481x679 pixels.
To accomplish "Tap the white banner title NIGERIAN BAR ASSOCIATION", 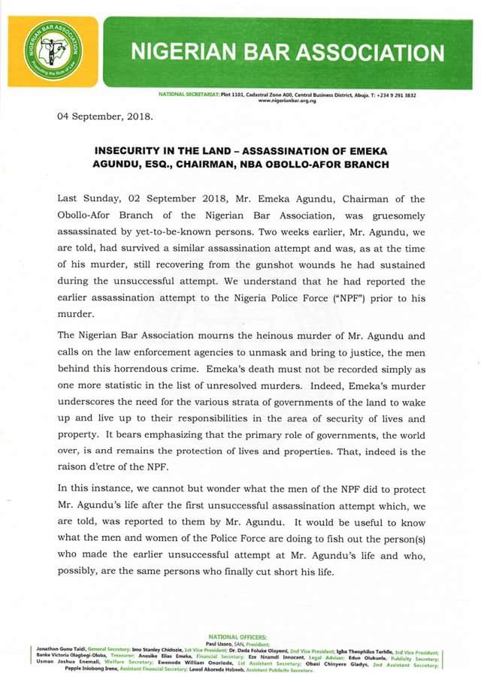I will [x=287, y=52].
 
